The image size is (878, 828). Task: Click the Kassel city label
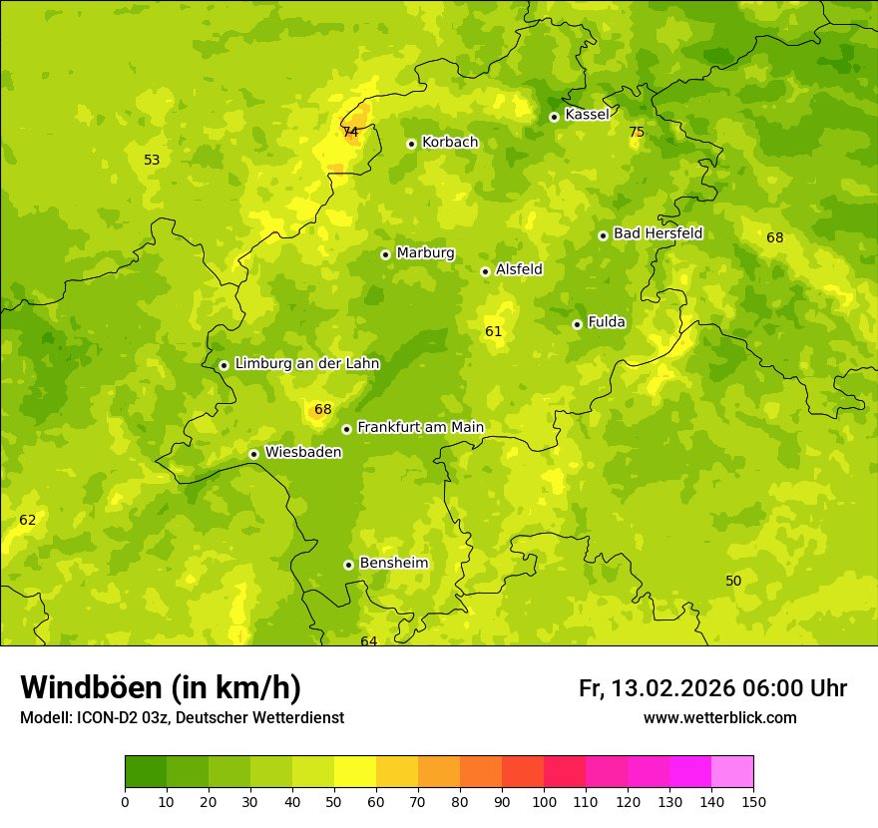click(587, 115)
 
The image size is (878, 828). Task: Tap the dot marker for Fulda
click(577, 324)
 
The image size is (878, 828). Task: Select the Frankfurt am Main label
click(420, 428)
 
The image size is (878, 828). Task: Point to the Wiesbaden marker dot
click(253, 454)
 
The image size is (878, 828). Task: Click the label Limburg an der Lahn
click(306, 364)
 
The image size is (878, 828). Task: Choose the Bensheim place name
click(393, 564)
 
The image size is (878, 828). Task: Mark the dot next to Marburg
click(385, 254)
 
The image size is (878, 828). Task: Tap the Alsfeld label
click(519, 269)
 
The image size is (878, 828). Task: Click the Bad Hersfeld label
click(658, 234)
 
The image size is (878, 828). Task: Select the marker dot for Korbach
click(411, 144)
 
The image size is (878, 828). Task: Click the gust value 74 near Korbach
click(350, 132)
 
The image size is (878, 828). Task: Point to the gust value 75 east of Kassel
click(637, 133)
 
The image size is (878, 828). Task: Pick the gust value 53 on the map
click(152, 160)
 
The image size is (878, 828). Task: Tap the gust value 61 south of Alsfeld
click(493, 332)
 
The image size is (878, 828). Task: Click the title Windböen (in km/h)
click(161, 688)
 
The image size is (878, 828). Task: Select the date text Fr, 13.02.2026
click(657, 688)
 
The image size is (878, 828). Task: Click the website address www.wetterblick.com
click(719, 718)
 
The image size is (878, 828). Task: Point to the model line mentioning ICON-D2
click(182, 718)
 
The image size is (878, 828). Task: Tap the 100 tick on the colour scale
click(544, 802)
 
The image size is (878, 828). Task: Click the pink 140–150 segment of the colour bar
click(732, 772)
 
